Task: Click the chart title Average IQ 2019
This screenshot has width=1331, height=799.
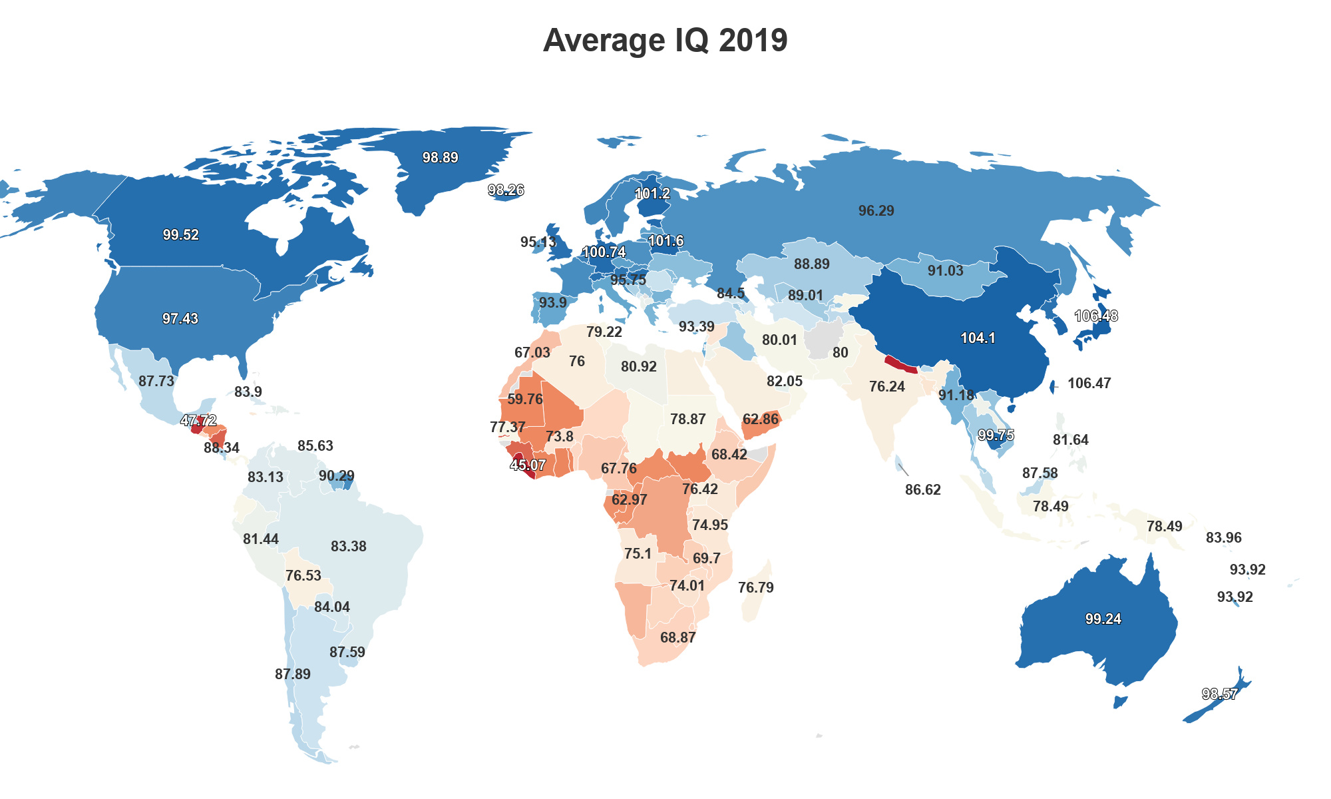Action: (665, 40)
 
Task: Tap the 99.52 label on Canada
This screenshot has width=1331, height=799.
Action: (181, 235)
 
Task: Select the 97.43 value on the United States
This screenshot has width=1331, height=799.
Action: (180, 319)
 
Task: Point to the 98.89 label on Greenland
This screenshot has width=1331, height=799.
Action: (441, 158)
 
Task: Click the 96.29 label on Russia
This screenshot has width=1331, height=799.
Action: (876, 211)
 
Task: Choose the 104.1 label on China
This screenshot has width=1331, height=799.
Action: (978, 338)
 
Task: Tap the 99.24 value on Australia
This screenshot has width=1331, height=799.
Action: (1103, 619)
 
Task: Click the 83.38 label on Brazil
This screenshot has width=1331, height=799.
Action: (349, 547)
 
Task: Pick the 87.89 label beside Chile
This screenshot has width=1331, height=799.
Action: (293, 674)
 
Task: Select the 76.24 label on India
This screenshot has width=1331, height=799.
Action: (887, 387)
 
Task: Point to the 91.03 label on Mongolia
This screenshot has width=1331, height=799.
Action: (946, 271)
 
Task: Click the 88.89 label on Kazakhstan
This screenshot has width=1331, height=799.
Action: (812, 264)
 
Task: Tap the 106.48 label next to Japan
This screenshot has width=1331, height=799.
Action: (1096, 316)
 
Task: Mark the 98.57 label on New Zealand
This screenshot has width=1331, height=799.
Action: (1220, 694)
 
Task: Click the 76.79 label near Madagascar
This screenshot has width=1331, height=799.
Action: (756, 588)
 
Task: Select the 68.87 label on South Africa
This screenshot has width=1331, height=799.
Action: (678, 638)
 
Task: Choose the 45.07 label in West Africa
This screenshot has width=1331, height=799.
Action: (528, 465)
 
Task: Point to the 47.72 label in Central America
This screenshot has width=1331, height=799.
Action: (198, 421)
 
